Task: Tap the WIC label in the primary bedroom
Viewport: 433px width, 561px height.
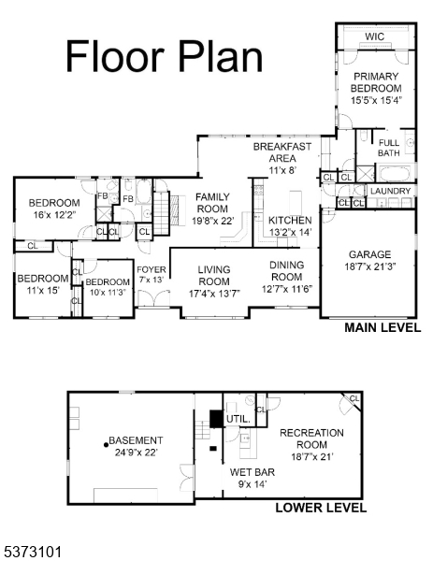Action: coord(375,36)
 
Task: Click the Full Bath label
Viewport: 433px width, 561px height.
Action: coord(388,147)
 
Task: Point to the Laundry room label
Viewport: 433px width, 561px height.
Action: coord(389,191)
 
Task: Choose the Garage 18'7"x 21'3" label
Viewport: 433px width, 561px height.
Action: coord(370,261)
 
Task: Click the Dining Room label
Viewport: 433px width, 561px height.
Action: coord(286,270)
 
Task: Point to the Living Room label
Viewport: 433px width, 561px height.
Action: coord(213,275)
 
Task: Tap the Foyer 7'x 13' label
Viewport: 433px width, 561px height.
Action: coord(152,275)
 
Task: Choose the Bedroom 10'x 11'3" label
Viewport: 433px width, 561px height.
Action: coord(108,287)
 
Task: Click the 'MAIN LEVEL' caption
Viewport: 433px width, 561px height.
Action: coord(382,328)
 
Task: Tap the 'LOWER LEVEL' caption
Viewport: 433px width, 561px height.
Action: coord(320,508)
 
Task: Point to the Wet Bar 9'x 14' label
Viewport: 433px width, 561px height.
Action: coord(251,478)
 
